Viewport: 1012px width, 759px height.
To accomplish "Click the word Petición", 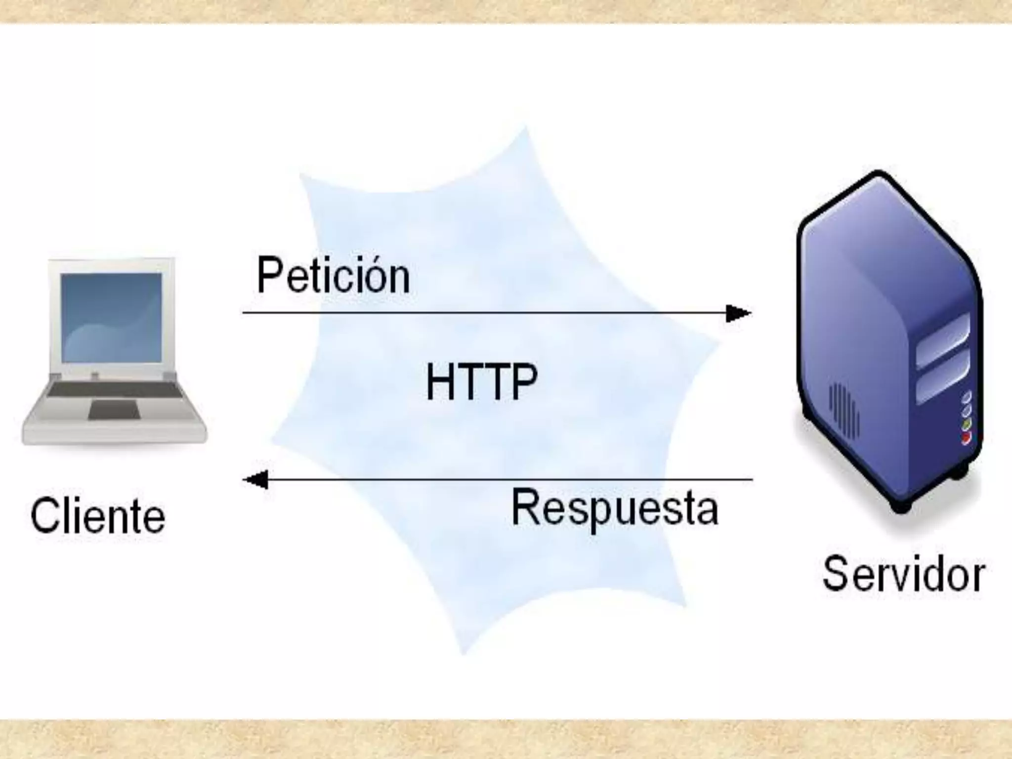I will point(333,276).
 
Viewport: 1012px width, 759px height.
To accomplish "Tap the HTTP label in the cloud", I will point(481,381).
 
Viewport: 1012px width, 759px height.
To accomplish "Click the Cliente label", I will point(98,516).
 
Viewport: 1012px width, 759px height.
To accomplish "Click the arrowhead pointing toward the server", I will point(738,313).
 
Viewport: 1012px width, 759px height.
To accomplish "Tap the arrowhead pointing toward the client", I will point(256,479).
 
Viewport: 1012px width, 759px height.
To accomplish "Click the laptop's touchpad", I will point(113,410).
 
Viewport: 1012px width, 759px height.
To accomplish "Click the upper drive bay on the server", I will point(943,341).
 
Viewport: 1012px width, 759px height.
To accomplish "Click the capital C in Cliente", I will point(43,516).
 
